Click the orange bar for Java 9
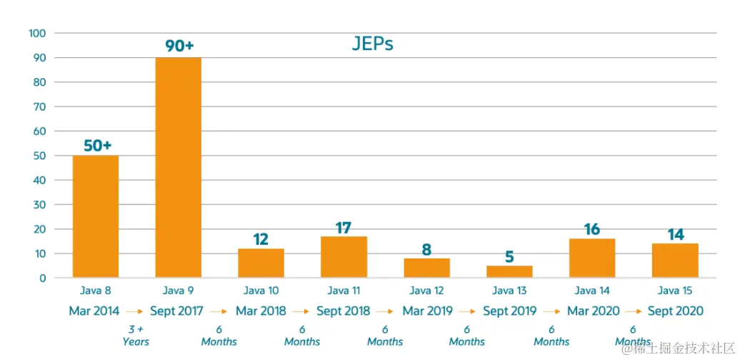tap(179, 168)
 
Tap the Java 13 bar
tap(509, 271)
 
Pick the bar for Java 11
tap(344, 256)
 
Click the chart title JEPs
tap(372, 44)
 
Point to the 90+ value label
tap(179, 46)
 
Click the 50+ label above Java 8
tap(97, 146)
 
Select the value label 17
tap(344, 228)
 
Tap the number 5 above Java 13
tap(509, 256)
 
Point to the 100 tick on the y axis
tap(37, 33)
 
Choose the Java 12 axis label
tap(426, 291)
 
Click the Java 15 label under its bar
tap(675, 291)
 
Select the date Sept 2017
tap(176, 311)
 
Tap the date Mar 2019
tap(427, 311)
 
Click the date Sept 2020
tap(675, 311)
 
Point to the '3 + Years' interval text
tap(136, 336)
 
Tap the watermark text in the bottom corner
tap(679, 349)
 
